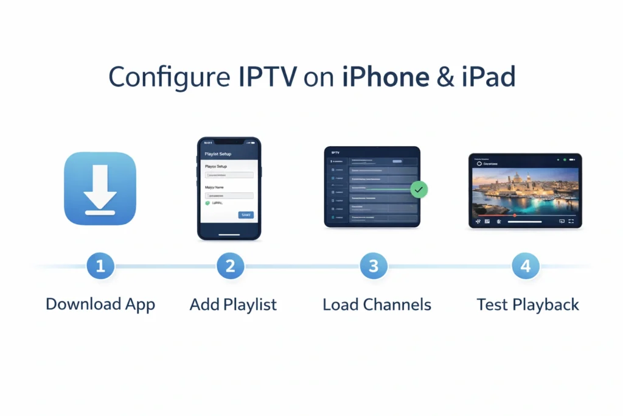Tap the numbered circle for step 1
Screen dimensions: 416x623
tap(100, 266)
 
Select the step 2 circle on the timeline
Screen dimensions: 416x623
tap(230, 266)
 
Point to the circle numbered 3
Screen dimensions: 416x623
tap(373, 266)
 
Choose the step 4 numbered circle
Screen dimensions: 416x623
tap(525, 266)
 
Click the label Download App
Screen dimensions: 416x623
tap(100, 304)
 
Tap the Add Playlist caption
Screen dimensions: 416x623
tap(233, 304)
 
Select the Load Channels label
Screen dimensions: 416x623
tap(377, 304)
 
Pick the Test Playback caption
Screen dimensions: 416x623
tap(527, 304)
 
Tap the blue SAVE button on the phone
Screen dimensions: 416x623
tap(246, 215)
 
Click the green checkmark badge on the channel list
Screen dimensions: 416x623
tap(419, 190)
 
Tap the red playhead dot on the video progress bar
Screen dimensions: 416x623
tap(515, 215)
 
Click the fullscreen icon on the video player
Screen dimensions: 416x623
tap(571, 222)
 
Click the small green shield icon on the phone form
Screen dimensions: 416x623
tap(207, 203)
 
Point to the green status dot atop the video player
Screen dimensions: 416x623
tap(565, 160)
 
